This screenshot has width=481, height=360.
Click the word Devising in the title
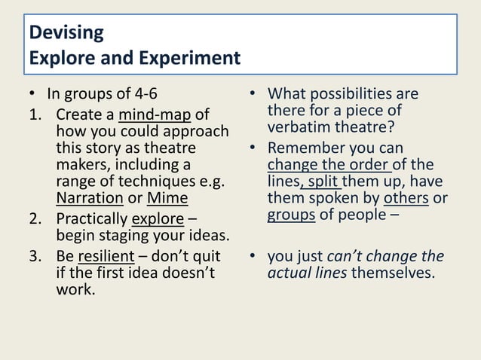coord(66,34)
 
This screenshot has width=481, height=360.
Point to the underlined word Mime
coord(167,199)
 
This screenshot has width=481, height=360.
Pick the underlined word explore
coord(158,221)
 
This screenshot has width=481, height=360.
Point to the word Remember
coord(308,148)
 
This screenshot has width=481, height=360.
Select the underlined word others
coord(406,199)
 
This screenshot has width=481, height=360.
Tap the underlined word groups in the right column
coord(291,215)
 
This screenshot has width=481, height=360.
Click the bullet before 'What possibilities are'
coord(254,95)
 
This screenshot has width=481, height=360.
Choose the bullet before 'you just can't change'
coord(254,255)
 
